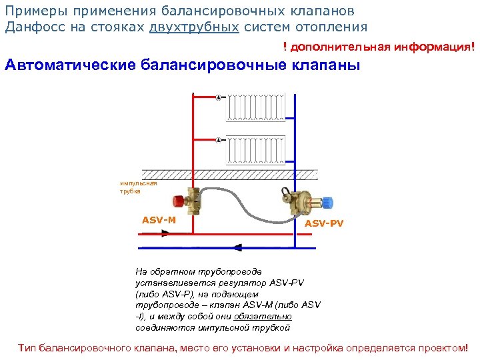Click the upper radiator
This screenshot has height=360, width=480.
[257, 107]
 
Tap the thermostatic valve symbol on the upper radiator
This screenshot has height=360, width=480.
[219, 98]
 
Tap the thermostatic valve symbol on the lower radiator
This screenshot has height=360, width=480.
[219, 140]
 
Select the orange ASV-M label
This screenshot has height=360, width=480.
[159, 220]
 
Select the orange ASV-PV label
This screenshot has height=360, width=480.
[324, 223]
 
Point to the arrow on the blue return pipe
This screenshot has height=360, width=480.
[238, 246]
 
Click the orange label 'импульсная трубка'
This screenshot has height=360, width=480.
[139, 187]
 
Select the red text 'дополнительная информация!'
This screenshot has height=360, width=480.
[383, 48]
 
